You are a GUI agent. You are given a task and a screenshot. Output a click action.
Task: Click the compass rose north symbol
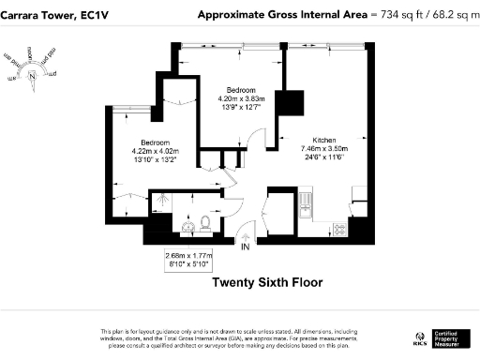(34, 74)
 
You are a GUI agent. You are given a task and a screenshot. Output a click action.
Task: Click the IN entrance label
(246, 248)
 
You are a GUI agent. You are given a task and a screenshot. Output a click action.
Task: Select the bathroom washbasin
(186, 226)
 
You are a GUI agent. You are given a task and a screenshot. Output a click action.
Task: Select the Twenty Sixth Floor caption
(267, 281)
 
